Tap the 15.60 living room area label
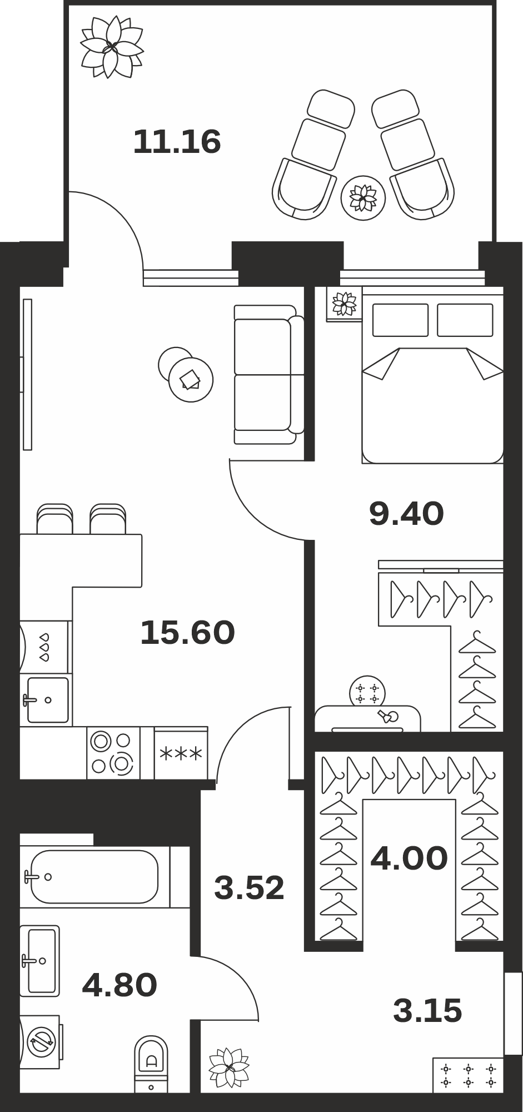pyautogui.click(x=187, y=633)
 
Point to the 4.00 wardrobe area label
pyautogui.click(x=409, y=858)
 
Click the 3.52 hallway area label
pyautogui.click(x=249, y=887)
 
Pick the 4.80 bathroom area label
pyautogui.click(x=119, y=985)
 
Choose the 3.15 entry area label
pyautogui.click(x=427, y=1010)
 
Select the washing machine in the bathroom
pyautogui.click(x=41, y=1041)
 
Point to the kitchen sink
pyautogui.click(x=46, y=700)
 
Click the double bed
pyautogui.click(x=432, y=375)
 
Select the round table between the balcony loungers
pyautogui.click(x=363, y=197)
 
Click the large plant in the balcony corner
pyautogui.click(x=112, y=47)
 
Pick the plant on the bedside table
pyautogui.click(x=344, y=304)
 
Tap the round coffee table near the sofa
pyautogui.click(x=191, y=380)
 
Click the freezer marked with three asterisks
pyautogui.click(x=181, y=753)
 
